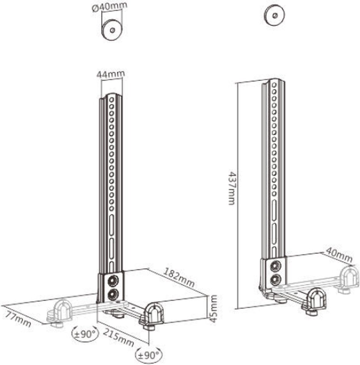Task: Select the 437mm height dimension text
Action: tap(232, 189)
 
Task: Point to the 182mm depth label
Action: tap(179, 277)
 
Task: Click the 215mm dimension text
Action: tap(118, 336)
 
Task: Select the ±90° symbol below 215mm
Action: tap(149, 355)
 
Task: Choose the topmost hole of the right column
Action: tap(274, 83)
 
